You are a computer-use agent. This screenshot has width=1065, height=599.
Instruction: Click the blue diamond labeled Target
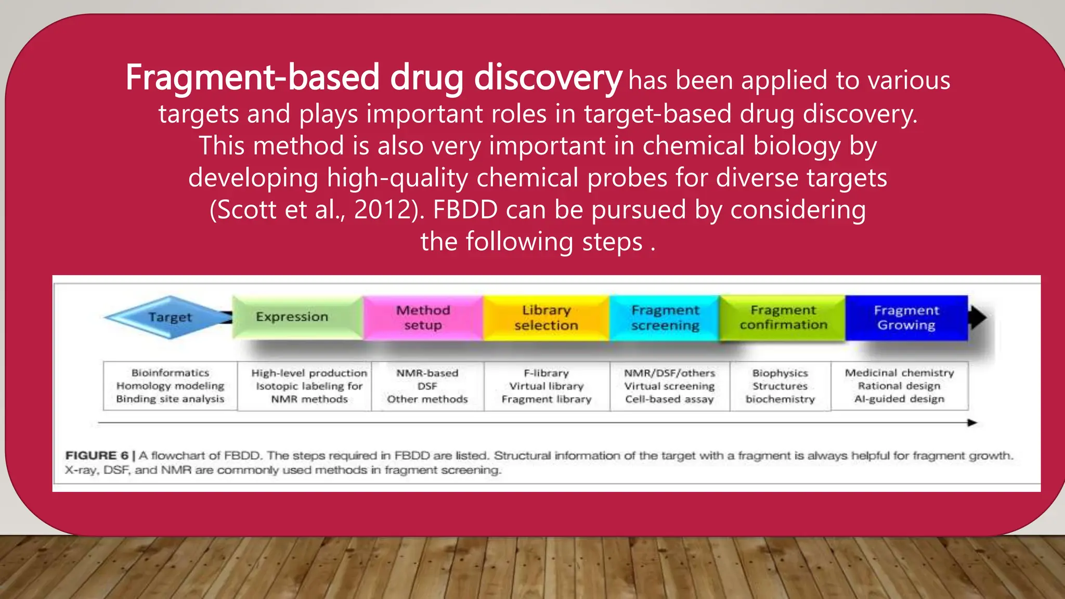point(169,317)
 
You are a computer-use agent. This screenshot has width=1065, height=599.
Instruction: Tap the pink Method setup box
point(423,317)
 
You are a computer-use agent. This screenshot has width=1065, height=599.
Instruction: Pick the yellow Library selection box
point(546,317)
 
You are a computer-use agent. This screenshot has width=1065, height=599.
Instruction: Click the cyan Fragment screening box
point(665,317)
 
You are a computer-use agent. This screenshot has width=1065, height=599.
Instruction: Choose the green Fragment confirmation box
point(783,317)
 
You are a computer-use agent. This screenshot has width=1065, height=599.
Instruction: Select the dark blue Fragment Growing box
point(906,317)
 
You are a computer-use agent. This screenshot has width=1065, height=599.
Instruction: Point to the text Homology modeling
point(170,386)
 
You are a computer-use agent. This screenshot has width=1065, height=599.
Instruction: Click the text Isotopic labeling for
point(309,386)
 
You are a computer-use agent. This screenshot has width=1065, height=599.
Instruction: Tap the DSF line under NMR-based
point(427,386)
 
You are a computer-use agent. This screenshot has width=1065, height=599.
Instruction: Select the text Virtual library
point(546,386)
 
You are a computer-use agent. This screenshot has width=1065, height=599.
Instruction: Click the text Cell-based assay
point(669,399)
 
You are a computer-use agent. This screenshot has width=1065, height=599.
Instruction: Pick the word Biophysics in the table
point(780,373)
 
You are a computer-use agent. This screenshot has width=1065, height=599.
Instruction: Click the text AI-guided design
point(899,399)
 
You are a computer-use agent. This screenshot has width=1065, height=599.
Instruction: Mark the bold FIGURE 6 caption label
point(97,455)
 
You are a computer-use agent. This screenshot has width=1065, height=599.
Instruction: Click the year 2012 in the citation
point(385,210)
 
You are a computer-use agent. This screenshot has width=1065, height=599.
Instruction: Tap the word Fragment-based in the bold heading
point(253,77)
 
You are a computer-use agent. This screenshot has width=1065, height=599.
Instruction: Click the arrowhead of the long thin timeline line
point(972,423)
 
